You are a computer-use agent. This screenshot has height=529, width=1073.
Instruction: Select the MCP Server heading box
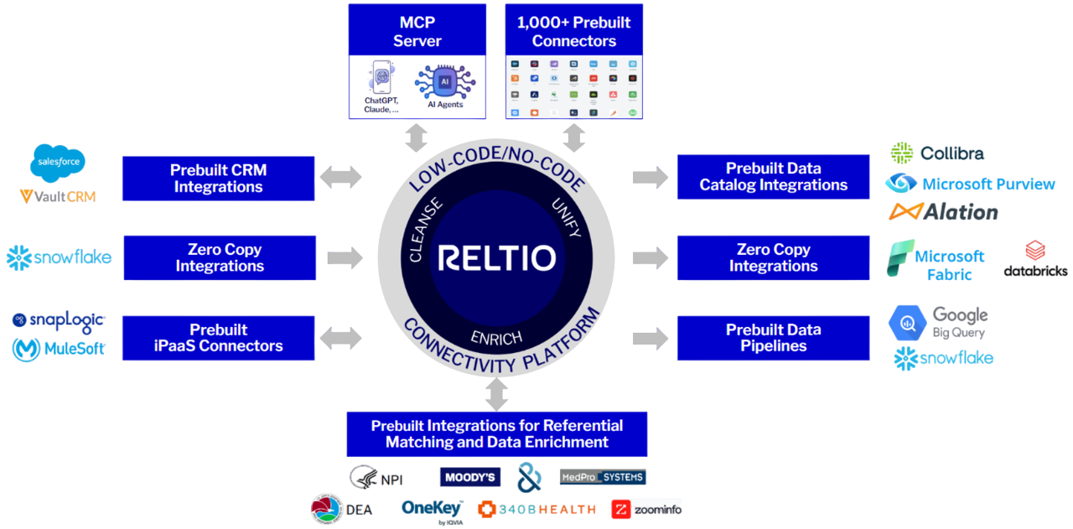click(417, 31)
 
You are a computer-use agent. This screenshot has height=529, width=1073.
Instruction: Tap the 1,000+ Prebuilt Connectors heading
click(573, 31)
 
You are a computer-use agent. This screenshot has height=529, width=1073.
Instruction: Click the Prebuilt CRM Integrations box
click(218, 178)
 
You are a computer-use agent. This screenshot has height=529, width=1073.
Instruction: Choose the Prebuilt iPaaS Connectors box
click(218, 338)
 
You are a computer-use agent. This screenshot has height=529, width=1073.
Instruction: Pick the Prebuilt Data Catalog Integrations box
click(773, 177)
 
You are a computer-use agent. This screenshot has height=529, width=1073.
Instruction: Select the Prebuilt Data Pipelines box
click(773, 338)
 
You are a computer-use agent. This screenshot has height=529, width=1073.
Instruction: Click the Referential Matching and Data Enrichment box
click(497, 433)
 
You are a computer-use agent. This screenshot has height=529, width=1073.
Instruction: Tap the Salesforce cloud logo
click(58, 165)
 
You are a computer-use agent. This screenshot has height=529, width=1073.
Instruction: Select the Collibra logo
click(937, 153)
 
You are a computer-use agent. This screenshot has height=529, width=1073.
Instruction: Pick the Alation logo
click(943, 212)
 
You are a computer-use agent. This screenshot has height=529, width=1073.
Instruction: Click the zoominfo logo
click(646, 509)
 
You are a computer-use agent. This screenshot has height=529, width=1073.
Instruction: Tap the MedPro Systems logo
click(603, 478)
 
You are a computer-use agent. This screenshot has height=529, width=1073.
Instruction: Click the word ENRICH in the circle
click(496, 337)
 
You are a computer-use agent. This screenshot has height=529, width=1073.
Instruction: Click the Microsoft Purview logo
click(970, 184)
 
